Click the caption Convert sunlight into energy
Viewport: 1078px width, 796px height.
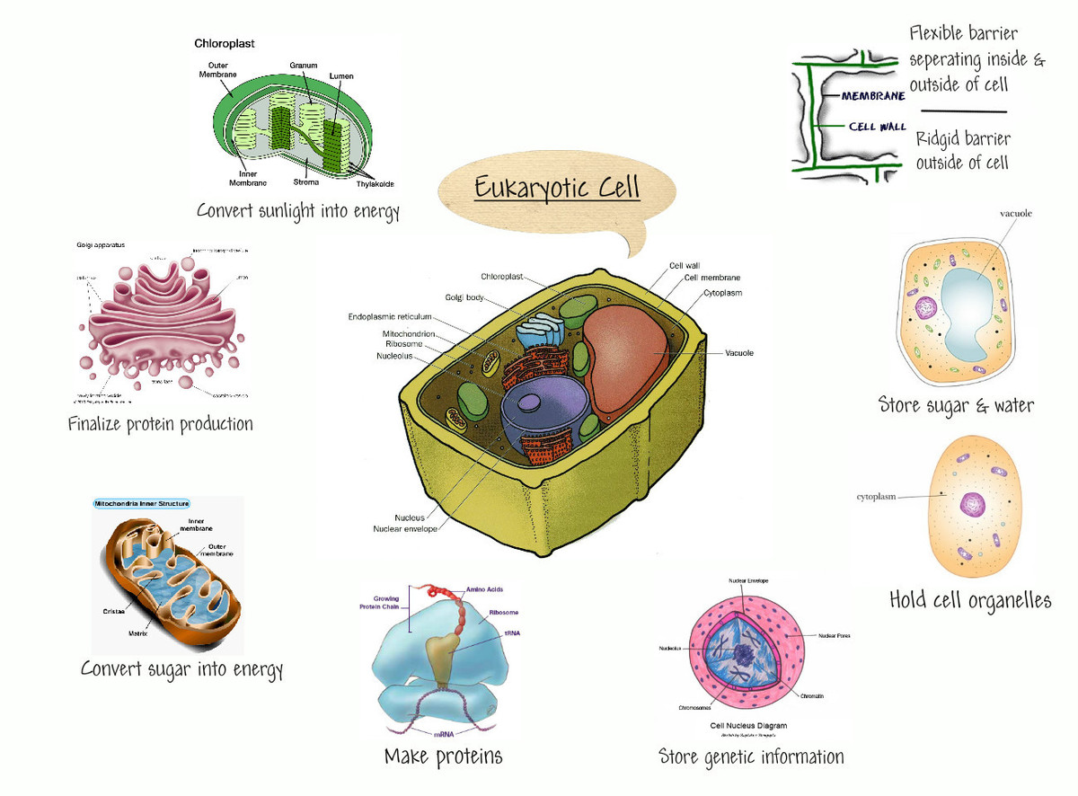tap(297, 212)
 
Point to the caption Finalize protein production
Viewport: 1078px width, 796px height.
tap(161, 423)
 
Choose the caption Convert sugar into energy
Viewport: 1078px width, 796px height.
tap(181, 669)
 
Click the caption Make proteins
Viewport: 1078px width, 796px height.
tap(443, 756)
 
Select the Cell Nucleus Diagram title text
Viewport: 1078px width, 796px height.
tap(748, 725)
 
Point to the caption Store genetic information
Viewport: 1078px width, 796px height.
tap(751, 756)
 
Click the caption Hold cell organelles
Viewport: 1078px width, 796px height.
tap(970, 600)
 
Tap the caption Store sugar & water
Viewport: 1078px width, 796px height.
tap(956, 405)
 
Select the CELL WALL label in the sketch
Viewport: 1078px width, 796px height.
tap(878, 127)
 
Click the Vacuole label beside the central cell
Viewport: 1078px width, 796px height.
tap(739, 352)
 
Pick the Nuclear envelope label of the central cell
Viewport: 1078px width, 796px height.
tap(405, 529)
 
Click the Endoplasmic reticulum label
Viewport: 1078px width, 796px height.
tap(390, 316)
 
